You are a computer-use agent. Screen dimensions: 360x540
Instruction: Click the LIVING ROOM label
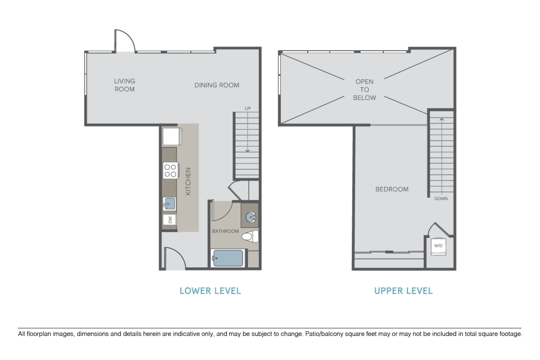tap(125, 85)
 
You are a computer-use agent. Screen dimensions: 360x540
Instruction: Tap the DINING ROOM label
tap(217, 85)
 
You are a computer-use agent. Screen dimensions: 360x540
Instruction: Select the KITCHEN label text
tap(188, 181)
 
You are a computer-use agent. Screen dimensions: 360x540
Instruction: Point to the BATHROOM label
tap(225, 231)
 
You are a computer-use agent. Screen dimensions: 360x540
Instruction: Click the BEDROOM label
tap(392, 189)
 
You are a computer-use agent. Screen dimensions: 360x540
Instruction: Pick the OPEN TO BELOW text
tap(364, 90)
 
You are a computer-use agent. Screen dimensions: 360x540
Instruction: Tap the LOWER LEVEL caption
tap(210, 291)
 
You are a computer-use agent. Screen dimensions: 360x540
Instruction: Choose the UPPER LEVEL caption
tap(403, 291)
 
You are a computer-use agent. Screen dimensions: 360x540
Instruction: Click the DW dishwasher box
tap(170, 220)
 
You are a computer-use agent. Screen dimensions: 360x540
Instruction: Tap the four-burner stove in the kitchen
tap(170, 170)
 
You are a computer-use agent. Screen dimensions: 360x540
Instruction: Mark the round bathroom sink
tap(251, 217)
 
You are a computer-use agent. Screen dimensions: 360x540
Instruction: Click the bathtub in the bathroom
tap(228, 258)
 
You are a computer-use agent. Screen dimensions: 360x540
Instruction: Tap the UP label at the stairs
tap(247, 108)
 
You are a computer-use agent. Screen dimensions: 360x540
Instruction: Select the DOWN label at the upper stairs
tap(441, 198)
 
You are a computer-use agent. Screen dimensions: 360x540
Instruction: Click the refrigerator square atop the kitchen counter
tap(172, 137)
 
